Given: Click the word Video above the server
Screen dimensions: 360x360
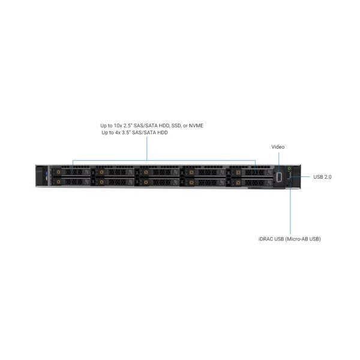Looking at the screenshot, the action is (x=278, y=147).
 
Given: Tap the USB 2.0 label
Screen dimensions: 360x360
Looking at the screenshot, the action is (x=322, y=177).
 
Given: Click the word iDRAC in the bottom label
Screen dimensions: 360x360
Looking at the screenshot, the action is (x=266, y=239).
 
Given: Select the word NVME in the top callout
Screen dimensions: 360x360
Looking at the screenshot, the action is (x=196, y=125).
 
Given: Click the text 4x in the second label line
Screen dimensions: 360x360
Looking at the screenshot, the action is (x=118, y=133).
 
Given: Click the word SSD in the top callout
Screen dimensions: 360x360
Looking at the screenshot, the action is (x=176, y=125).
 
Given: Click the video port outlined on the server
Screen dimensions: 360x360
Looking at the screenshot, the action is (x=279, y=177).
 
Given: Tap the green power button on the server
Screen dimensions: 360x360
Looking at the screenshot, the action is (x=289, y=169).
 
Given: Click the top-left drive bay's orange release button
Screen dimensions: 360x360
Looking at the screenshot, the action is (x=59, y=172).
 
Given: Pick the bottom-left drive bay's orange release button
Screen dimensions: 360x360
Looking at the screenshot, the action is (x=59, y=182).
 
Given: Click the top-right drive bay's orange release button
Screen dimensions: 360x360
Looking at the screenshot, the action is (x=238, y=172).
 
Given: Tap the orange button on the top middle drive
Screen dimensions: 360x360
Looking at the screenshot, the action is (x=146, y=172).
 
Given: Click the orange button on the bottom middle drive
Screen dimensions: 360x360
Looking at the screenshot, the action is (x=146, y=182).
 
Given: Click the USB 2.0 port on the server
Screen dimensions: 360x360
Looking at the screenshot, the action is (x=289, y=176).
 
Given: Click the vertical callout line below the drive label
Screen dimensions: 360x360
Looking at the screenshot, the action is (x=147, y=148).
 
